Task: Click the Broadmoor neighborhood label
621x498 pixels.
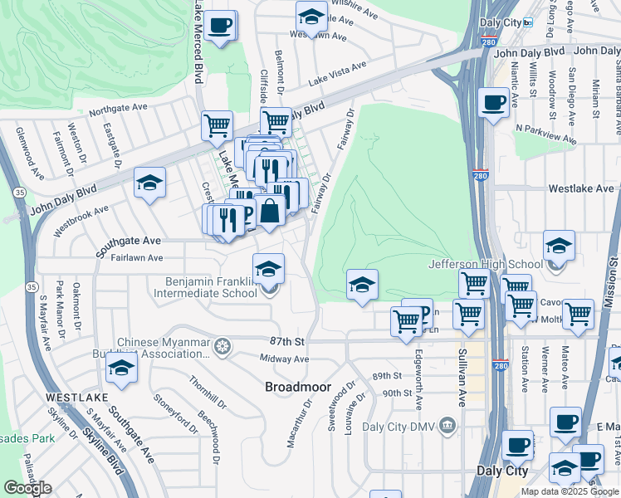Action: (298, 387)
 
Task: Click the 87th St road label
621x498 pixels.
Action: (287, 341)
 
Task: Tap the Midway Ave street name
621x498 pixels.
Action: (284, 359)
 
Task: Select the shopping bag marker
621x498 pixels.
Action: (270, 212)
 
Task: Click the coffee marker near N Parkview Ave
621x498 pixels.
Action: (494, 104)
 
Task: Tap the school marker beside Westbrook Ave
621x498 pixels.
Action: (149, 184)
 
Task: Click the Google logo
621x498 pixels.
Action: (27, 488)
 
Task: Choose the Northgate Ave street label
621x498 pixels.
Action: (117, 110)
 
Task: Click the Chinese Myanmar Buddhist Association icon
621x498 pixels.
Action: (221, 345)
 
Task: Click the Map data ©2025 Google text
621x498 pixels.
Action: (570, 491)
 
